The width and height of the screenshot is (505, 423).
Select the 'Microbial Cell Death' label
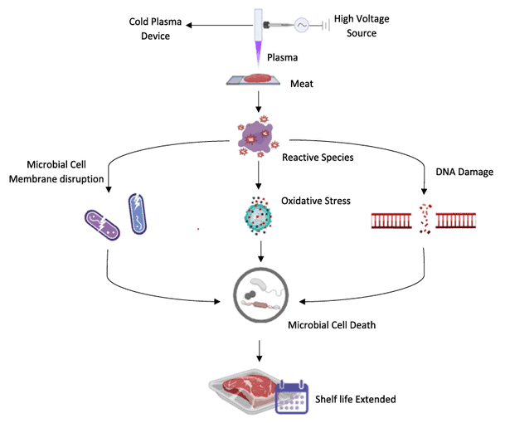click(x=333, y=325)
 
